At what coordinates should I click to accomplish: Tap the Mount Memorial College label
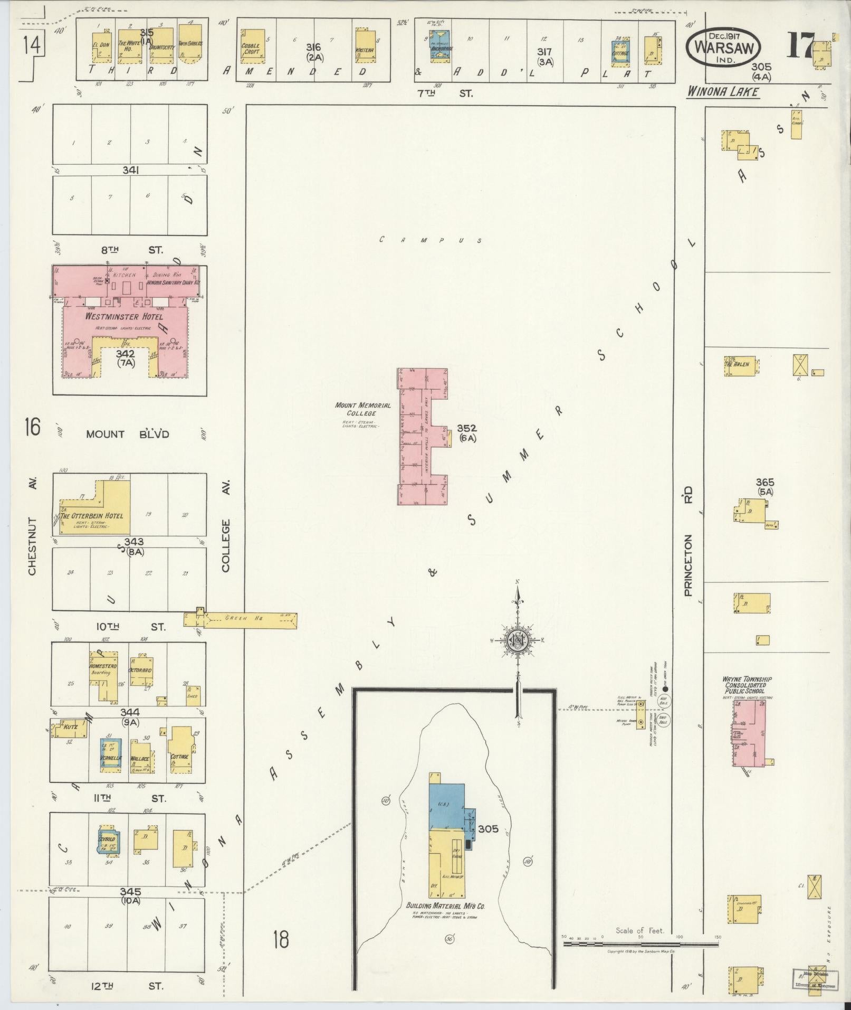click(x=363, y=410)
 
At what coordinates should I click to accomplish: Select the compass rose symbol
click(x=518, y=640)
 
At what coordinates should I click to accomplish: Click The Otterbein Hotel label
click(x=91, y=516)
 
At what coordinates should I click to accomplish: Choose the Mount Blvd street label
click(x=127, y=435)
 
